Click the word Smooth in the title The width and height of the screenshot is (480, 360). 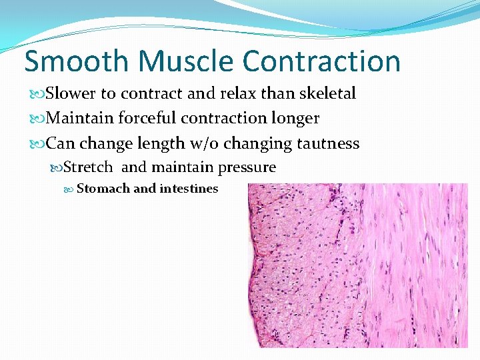pyautogui.click(x=75, y=61)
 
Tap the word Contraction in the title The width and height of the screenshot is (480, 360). pyautogui.click(x=322, y=61)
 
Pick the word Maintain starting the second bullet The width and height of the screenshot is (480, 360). pyautogui.click(x=81, y=119)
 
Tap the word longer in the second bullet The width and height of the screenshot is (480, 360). pyautogui.click(x=294, y=119)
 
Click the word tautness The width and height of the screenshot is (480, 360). pyautogui.click(x=327, y=143)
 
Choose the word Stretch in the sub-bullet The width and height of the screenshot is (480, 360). pyautogui.click(x=88, y=167)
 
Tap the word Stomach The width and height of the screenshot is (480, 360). pyautogui.click(x=103, y=189)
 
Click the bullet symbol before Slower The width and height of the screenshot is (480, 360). pyautogui.click(x=38, y=94)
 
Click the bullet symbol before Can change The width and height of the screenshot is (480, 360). pyautogui.click(x=38, y=144)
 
